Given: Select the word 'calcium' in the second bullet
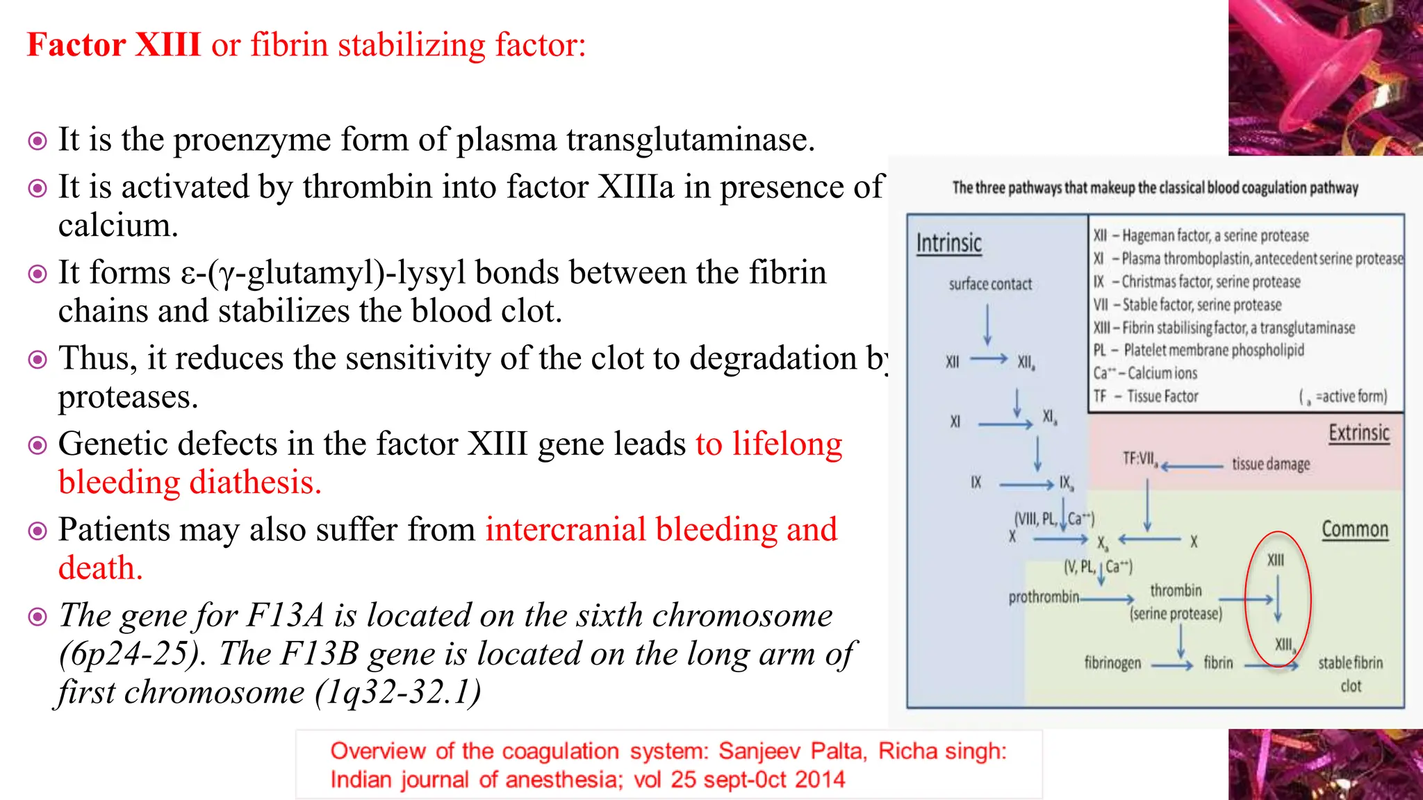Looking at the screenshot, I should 117,226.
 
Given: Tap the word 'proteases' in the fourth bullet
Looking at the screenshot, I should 127,397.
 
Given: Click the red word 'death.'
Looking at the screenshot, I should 100,568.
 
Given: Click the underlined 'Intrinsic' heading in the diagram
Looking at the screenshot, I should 948,244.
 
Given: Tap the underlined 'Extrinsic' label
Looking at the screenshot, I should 1358,433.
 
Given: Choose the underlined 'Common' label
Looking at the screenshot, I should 1354,530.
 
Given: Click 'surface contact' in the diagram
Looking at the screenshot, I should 990,284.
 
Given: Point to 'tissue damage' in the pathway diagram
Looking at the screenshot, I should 1271,464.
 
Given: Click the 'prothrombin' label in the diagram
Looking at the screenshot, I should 1044,597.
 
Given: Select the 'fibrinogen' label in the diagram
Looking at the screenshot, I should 1112,663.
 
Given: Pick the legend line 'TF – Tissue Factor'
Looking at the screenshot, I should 1146,397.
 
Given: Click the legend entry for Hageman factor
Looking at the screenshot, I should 1201,236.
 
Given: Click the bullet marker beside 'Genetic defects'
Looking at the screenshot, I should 38,445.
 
